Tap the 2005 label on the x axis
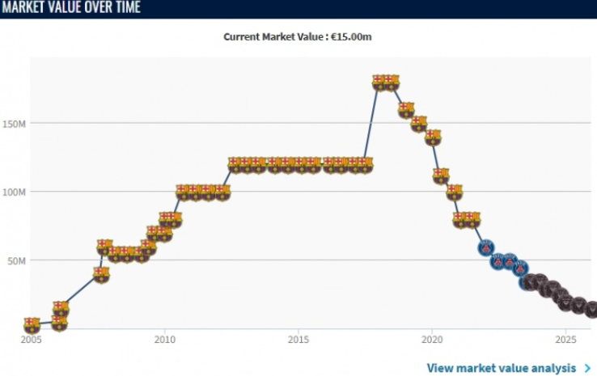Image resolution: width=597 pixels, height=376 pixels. click(x=31, y=340)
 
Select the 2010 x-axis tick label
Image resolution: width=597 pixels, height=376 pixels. click(x=164, y=340)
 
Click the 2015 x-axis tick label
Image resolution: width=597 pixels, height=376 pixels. click(x=298, y=340)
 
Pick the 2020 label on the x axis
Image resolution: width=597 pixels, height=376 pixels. click(x=432, y=340)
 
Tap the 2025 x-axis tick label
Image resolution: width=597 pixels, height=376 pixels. click(x=565, y=340)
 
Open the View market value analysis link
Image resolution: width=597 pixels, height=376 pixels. click(x=502, y=368)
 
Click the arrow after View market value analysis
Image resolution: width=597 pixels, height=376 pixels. click(x=587, y=368)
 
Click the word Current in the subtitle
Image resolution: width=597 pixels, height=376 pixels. click(x=243, y=37)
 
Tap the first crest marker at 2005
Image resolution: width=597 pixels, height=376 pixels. click(x=31, y=325)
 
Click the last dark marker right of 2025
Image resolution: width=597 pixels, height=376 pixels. click(x=592, y=310)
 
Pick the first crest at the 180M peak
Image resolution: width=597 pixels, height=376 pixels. click(x=379, y=82)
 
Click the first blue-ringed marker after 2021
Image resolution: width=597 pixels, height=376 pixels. click(x=486, y=247)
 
